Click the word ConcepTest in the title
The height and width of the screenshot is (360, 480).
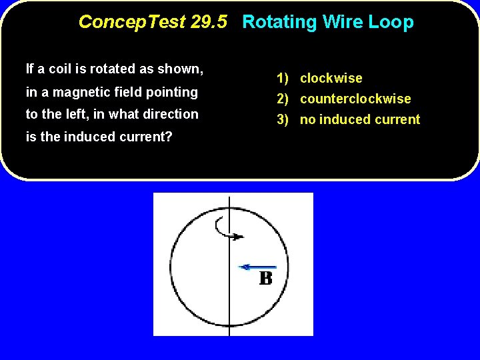131,22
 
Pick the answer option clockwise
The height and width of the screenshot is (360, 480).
331,78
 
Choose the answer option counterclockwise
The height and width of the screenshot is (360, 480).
355,99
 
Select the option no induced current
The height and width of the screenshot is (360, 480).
360,119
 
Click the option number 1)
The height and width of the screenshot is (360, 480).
283,78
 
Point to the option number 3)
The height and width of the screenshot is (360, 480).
283,119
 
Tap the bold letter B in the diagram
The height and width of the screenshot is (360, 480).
265,278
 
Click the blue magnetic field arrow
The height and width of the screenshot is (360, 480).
257,267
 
